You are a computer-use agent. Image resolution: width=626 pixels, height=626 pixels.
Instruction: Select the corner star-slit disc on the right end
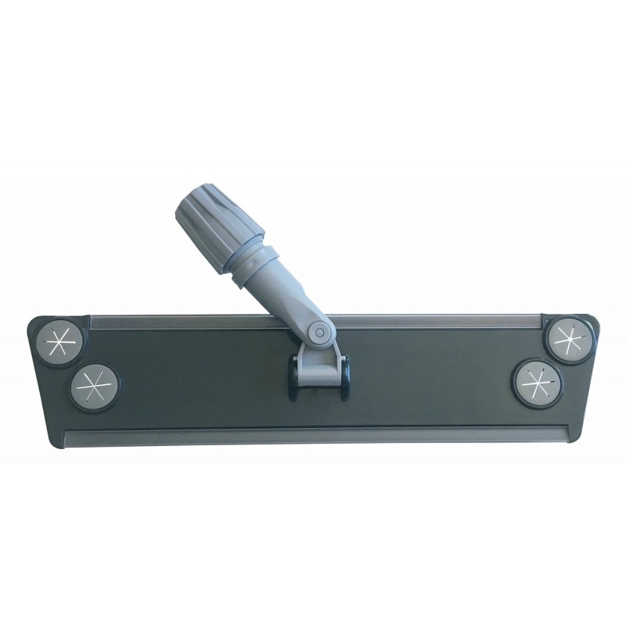(567, 339)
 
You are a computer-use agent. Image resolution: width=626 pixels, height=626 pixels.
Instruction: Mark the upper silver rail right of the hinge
(438, 321)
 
